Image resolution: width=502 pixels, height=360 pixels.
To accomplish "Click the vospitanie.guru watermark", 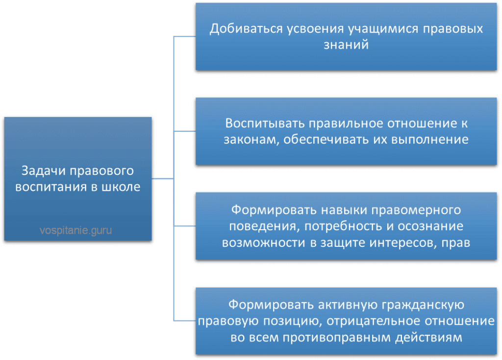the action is (75, 230).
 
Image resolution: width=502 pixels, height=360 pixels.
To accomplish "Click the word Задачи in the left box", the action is (43, 171).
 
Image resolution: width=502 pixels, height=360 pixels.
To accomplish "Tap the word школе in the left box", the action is (121, 187).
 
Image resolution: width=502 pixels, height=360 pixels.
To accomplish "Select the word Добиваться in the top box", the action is (246, 29).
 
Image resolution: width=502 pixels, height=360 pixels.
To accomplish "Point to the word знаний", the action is (346, 45).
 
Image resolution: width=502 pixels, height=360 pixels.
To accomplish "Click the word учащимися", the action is (383, 29).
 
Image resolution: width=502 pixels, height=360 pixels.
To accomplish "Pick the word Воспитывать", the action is (265, 123).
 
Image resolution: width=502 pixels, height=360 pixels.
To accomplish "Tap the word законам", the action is (250, 140).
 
